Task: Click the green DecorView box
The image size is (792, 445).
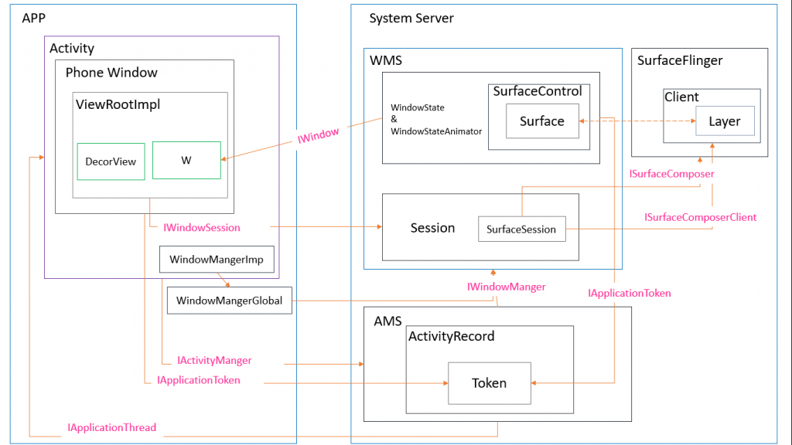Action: [x=111, y=161]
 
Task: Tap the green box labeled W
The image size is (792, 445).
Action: [x=186, y=160]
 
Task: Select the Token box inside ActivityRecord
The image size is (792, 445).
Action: [x=490, y=383]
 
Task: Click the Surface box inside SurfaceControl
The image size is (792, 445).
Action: [x=542, y=121]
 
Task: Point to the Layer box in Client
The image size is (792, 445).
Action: [x=725, y=121]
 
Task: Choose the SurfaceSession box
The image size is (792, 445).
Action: [x=522, y=229]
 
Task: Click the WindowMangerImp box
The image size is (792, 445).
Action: [x=217, y=260]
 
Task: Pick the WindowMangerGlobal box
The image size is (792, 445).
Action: [x=229, y=301]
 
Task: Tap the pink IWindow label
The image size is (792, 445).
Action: [x=318, y=135]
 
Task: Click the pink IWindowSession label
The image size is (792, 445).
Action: [x=202, y=228]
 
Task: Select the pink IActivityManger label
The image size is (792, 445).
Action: [x=214, y=360]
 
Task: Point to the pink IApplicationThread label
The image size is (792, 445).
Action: [x=112, y=427]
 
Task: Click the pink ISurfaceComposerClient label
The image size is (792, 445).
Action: [x=700, y=217]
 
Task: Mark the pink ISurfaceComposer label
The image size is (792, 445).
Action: [x=672, y=174]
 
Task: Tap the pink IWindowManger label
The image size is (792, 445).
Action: [x=506, y=287]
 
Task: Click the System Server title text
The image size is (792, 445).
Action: [x=411, y=19]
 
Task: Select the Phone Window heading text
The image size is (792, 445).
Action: [x=111, y=73]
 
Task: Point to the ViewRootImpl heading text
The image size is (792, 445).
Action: [x=118, y=104]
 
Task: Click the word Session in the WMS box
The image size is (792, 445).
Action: [x=432, y=228]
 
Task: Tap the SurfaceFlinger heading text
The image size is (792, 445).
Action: [x=680, y=60]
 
